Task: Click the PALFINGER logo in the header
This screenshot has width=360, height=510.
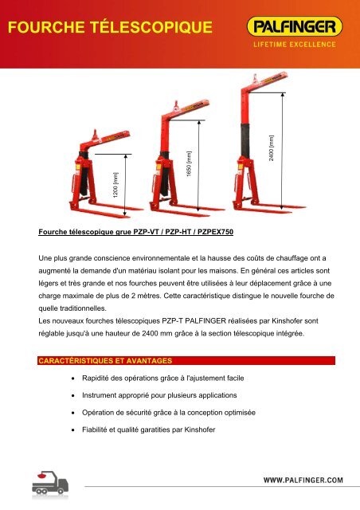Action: pos(295,26)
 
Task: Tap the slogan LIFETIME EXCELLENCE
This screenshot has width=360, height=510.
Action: pos(295,45)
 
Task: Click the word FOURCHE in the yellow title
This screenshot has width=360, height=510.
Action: pos(46,27)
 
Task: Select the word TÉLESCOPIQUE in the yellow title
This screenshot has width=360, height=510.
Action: pos(151,26)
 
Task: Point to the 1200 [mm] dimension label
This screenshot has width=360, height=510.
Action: pos(115,185)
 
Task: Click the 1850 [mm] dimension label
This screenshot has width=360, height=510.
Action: pos(189,163)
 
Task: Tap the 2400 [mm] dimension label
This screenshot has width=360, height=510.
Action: pos(272,148)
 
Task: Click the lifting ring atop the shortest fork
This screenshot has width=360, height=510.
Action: pos(95,134)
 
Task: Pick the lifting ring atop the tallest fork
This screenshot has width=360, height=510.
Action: pos(255,78)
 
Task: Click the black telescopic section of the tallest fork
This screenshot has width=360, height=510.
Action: pos(245,139)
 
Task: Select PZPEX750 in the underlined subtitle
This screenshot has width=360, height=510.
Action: pos(216,232)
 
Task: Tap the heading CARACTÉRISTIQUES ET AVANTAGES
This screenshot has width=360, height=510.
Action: pos(105,361)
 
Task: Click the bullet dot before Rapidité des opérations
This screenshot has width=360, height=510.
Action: pos(73,379)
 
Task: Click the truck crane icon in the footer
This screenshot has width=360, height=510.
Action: pos(50,483)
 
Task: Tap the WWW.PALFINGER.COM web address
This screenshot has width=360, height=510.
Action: pos(303,480)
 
